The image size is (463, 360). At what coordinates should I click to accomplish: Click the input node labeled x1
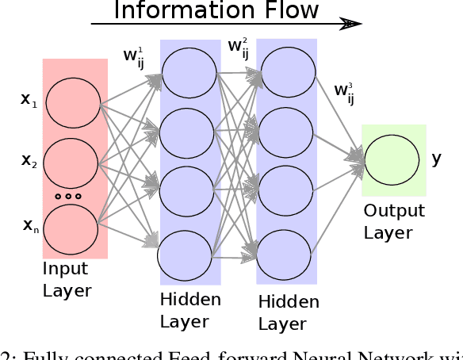click(73, 102)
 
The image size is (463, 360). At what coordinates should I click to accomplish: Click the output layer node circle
click(392, 159)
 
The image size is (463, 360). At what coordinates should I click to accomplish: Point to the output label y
click(436, 159)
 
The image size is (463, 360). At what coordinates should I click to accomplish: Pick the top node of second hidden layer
click(285, 72)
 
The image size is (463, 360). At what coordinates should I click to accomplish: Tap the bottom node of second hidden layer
click(285, 251)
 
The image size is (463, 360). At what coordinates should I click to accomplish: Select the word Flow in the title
click(285, 10)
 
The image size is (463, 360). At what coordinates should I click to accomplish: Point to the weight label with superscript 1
click(133, 55)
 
